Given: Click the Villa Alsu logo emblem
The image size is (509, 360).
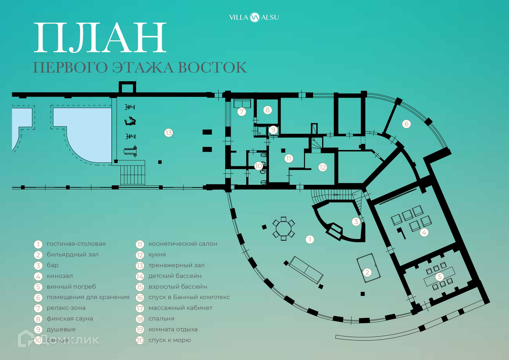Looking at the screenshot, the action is pyautogui.click(x=254, y=17).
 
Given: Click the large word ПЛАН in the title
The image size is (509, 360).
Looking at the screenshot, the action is pyautogui.click(x=100, y=38).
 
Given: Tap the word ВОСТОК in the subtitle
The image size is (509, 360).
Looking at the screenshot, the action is pyautogui.click(x=212, y=68).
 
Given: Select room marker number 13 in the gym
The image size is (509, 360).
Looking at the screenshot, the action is pyautogui.click(x=169, y=133).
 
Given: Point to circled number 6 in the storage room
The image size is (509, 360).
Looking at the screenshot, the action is pyautogui.click(x=406, y=124).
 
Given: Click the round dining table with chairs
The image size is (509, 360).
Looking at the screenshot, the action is pyautogui.click(x=283, y=228).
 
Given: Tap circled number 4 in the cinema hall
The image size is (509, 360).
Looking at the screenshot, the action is pyautogui.click(x=424, y=233).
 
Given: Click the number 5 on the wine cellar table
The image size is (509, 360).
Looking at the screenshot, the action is pyautogui.click(x=439, y=277).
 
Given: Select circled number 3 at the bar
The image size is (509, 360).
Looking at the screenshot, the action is pyautogui.click(x=356, y=221).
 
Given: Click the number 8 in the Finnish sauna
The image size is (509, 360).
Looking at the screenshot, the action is pyautogui.click(x=267, y=110).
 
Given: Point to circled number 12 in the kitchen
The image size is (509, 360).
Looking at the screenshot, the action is pyautogui.click(x=322, y=167).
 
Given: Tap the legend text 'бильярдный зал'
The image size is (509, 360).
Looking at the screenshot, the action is pyautogui.click(x=72, y=255).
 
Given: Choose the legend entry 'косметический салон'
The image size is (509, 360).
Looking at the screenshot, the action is pyautogui.click(x=183, y=244).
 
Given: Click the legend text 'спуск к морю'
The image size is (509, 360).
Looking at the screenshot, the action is pyautogui.click(x=170, y=340).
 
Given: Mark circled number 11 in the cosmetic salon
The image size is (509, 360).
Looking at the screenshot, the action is pyautogui.click(x=289, y=158).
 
